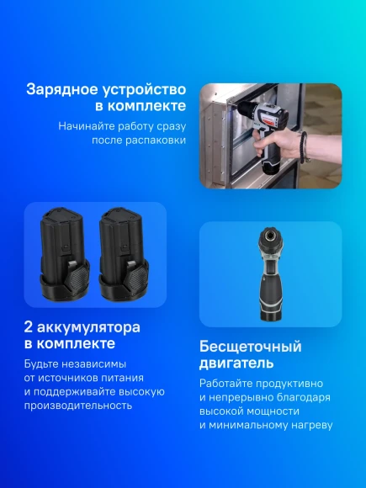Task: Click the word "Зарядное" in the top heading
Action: point(61,88)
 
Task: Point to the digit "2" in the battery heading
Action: point(30,326)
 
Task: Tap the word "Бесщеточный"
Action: point(250,347)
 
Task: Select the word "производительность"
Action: point(78,405)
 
